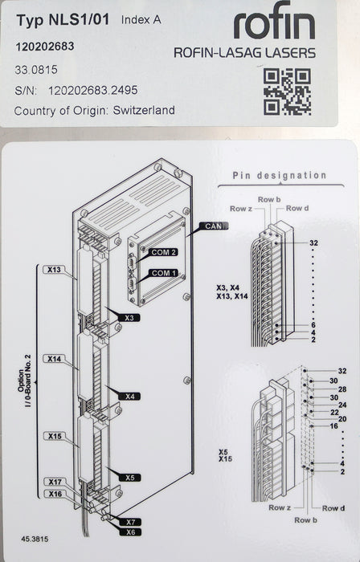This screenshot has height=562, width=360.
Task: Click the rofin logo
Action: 274,22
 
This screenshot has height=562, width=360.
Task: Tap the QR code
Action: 287,92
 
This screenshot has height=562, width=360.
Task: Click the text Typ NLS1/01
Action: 63,20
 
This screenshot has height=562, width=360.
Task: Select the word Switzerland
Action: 144,110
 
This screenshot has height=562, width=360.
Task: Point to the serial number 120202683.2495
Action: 93,90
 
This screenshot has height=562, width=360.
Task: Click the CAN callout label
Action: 214,226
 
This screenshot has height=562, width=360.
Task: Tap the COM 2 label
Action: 163,252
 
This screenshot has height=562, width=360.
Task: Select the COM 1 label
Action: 163,273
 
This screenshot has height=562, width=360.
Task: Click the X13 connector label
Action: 54,270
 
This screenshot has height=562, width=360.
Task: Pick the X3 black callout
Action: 129,318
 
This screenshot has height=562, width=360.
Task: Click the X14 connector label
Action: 54,358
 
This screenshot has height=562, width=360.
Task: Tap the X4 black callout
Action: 130,397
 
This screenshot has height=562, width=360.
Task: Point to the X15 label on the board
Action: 55,436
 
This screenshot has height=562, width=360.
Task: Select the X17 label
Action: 55,482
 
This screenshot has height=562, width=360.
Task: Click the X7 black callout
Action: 130,522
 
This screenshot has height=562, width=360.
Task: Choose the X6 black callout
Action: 130,532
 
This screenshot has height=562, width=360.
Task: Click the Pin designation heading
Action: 280,175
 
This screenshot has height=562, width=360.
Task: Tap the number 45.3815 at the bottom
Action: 35,539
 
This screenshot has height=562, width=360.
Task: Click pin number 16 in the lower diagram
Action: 333,426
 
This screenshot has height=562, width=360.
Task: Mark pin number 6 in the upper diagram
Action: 313,325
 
